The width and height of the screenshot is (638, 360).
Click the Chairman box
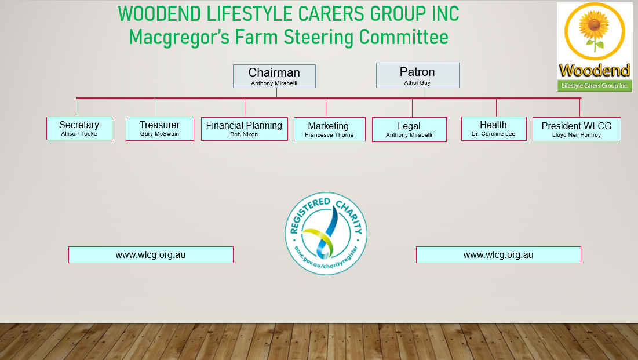point(274,76)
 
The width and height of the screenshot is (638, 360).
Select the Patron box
point(417,75)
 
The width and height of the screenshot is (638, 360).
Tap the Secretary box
point(79,128)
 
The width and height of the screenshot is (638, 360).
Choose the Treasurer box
point(160,129)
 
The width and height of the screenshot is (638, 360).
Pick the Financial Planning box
point(245,129)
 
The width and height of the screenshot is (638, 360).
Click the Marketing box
point(330,129)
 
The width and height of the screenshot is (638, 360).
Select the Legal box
point(409,129)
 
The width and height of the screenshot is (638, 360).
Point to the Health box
point(494,129)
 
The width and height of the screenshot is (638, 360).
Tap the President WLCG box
point(577,129)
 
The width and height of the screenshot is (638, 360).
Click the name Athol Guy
point(417,83)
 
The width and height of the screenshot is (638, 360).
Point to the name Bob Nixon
point(244,134)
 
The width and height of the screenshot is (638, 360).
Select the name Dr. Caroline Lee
point(493,134)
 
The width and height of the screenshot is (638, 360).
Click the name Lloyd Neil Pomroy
point(577,135)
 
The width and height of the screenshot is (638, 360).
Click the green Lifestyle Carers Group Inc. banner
point(595,86)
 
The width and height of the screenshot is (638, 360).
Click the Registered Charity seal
point(326,234)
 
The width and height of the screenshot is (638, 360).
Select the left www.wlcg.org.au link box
point(151,255)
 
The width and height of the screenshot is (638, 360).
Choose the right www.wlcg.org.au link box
point(498,255)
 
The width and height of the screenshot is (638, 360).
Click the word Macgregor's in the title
point(180,38)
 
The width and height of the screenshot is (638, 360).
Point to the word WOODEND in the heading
point(159,14)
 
